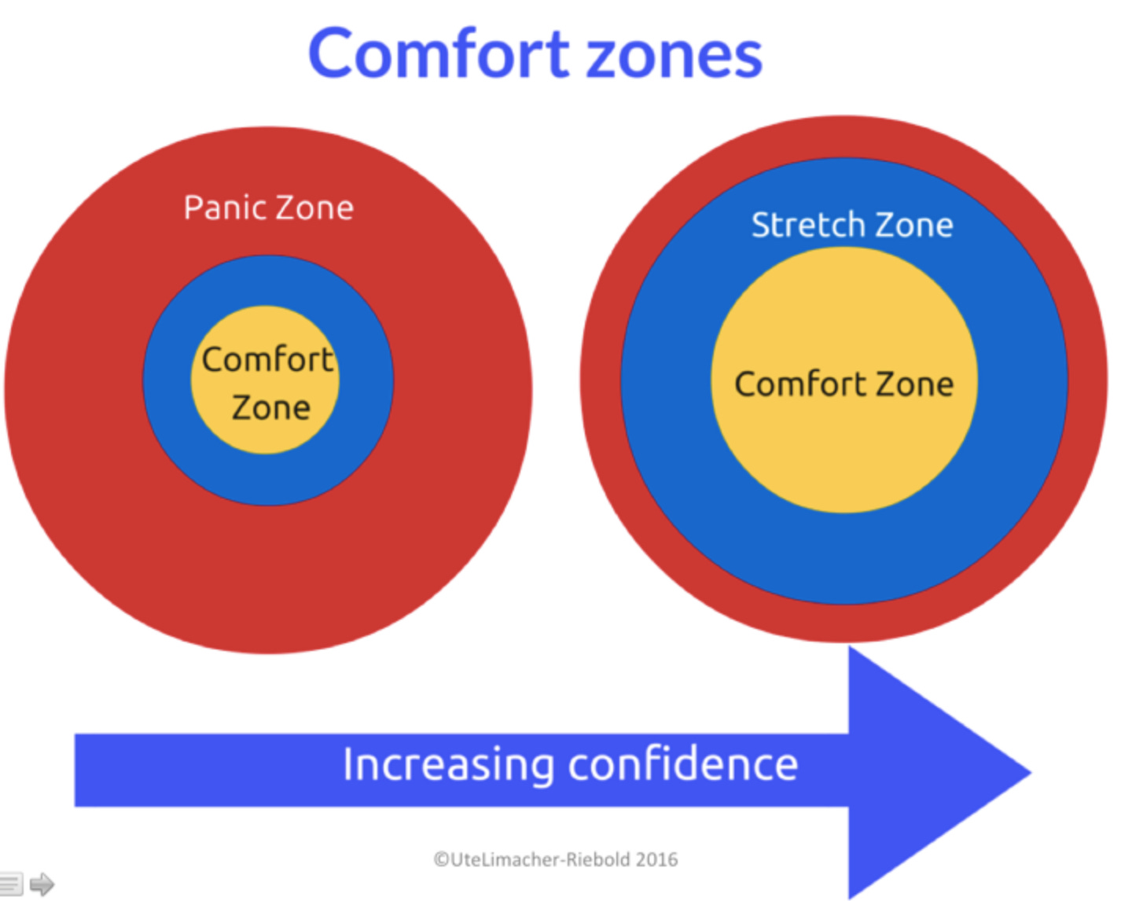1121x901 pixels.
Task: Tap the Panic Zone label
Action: coord(268,208)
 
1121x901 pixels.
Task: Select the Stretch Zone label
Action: coord(852,225)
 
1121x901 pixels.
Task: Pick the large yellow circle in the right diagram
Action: coord(844,456)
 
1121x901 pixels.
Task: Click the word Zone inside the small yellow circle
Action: coord(270,408)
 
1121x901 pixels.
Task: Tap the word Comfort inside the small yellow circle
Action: coord(267,359)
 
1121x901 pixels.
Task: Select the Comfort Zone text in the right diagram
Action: coord(844,384)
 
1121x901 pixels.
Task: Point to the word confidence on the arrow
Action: coord(682,764)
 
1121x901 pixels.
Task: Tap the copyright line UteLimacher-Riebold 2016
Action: coord(555,859)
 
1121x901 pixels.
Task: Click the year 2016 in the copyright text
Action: coord(656,859)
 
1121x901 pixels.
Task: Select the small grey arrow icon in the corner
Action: coord(42,884)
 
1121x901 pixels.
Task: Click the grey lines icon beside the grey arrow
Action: coord(11,884)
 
